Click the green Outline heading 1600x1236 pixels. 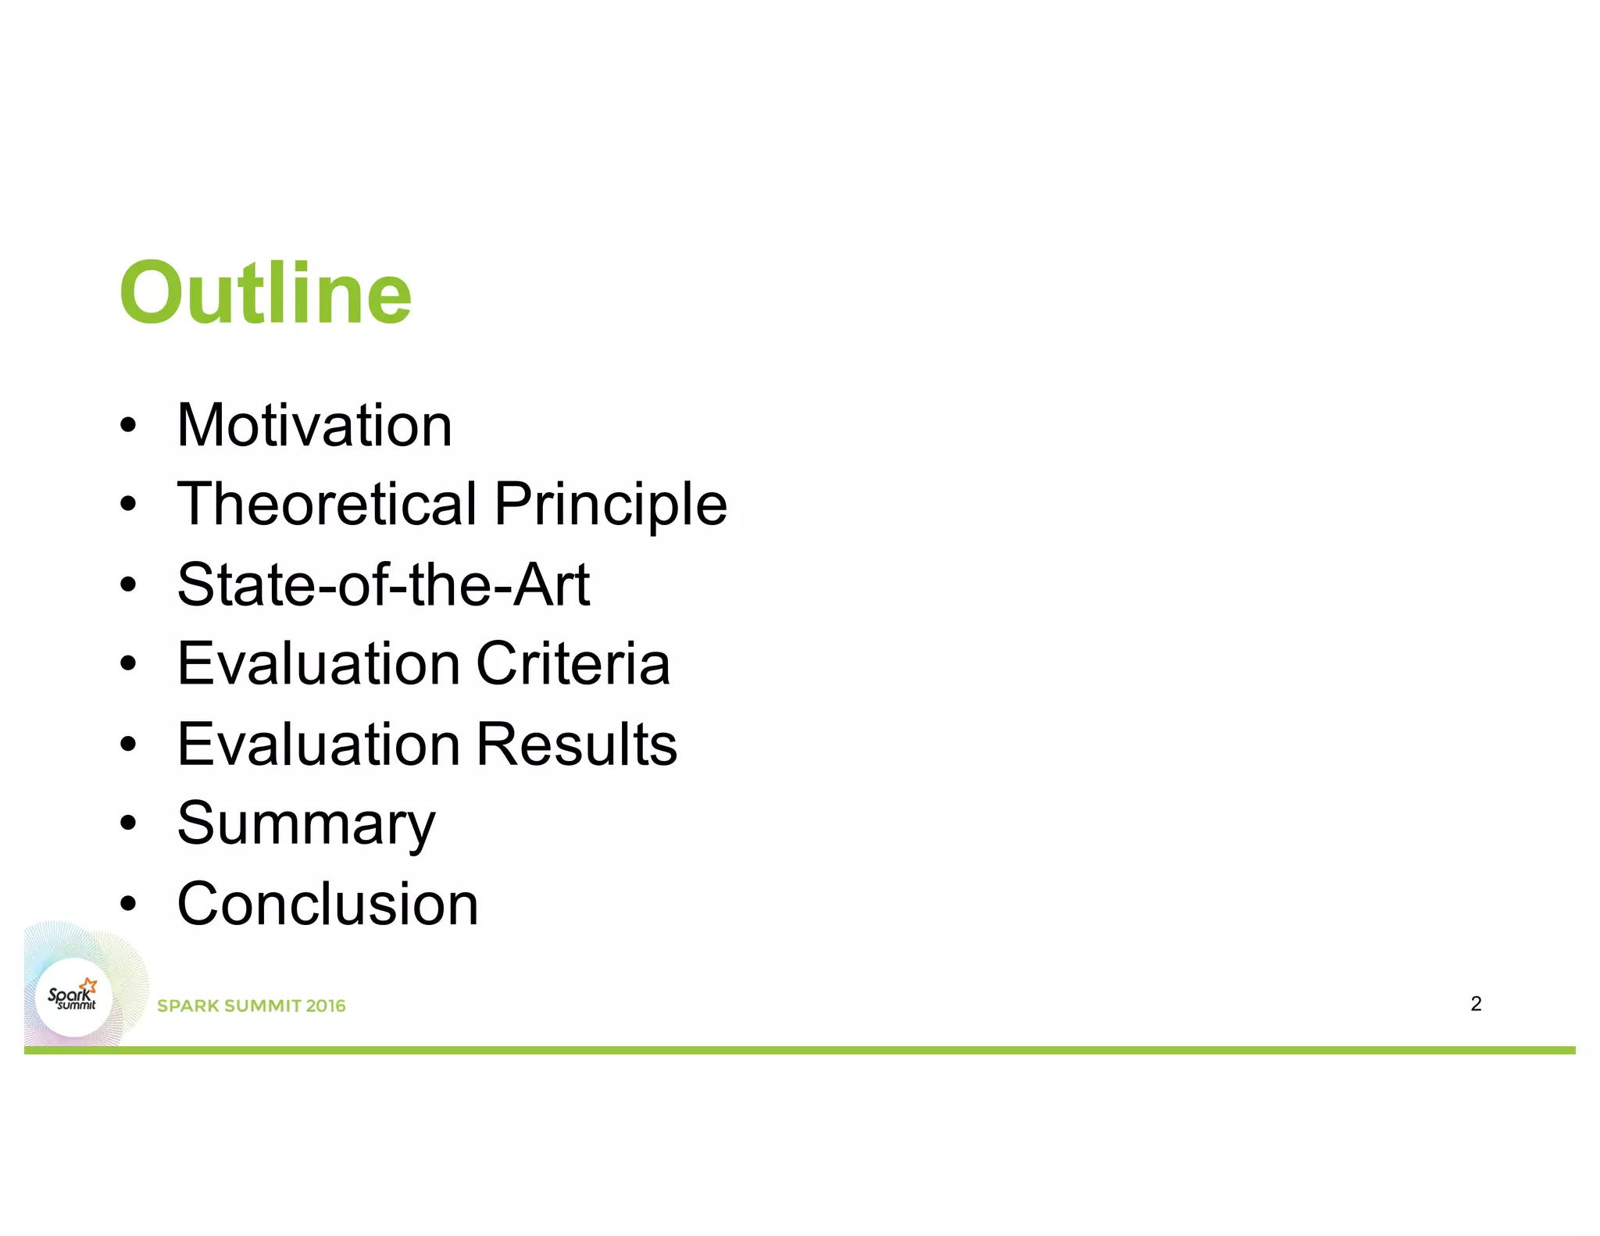265,293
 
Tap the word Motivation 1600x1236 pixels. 314,426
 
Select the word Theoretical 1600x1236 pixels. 327,504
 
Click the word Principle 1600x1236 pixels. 610,505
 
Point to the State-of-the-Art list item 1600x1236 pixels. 383,584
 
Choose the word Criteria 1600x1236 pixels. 573,664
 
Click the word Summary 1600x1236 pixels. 306,825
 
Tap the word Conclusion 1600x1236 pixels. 327,904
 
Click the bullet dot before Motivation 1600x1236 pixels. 128,427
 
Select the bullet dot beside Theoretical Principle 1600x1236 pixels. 128,505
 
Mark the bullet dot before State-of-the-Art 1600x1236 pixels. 128,585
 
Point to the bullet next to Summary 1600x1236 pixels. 128,823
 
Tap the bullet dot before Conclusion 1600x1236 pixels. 128,904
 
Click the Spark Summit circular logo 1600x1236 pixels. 73,997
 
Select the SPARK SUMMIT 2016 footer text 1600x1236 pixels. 251,1006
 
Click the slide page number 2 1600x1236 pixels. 1475,1004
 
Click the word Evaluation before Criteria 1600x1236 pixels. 318,664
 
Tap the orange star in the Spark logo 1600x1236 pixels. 90,984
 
